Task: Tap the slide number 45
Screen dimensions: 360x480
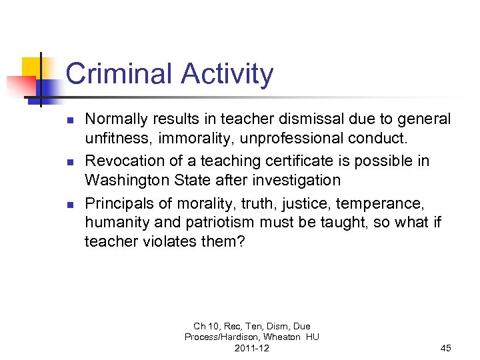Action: pos(446,348)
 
